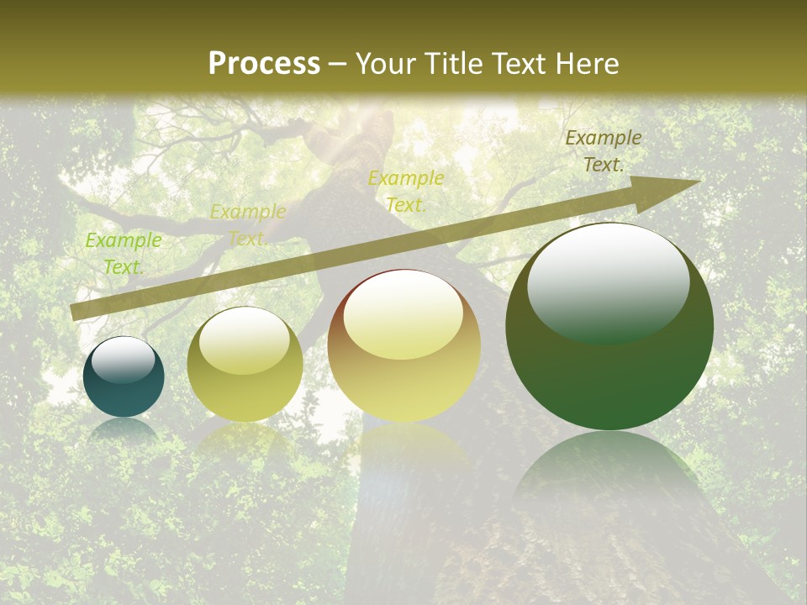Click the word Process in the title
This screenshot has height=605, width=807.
(x=264, y=64)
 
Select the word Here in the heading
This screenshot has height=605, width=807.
(x=588, y=64)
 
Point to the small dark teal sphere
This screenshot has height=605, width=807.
(x=124, y=378)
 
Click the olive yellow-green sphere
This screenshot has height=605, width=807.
(x=245, y=365)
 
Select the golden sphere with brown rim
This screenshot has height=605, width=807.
(x=404, y=346)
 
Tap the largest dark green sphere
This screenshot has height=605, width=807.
(x=609, y=327)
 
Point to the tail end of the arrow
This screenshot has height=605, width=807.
(x=76, y=313)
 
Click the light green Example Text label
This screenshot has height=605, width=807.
(x=124, y=253)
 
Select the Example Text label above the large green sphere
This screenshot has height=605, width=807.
(x=604, y=151)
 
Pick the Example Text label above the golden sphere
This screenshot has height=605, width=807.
(x=406, y=191)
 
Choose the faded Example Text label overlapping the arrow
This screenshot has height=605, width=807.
(x=248, y=224)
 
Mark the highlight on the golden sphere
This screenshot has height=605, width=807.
(x=403, y=315)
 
